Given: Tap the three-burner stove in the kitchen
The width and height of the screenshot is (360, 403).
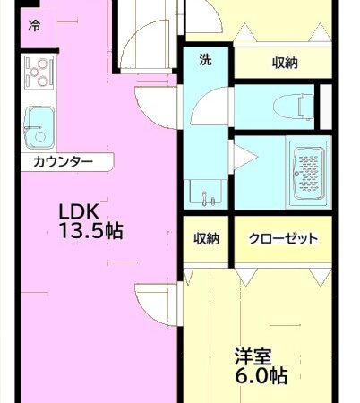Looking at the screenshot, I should [x=39, y=73].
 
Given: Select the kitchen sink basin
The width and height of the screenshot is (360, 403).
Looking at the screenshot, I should [x=40, y=125].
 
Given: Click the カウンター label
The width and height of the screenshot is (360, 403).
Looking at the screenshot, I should [x=63, y=162].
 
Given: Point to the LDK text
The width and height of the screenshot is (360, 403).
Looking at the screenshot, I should [x=78, y=212].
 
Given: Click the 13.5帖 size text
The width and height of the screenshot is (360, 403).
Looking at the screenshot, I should [x=90, y=232].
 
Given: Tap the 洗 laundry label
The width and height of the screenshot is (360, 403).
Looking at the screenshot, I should [x=205, y=61].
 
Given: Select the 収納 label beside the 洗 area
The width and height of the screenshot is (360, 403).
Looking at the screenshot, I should [x=285, y=63].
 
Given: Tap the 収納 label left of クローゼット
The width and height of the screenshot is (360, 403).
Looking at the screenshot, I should [x=208, y=239].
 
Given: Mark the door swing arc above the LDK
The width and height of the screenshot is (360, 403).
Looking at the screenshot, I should [x=143, y=45].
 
